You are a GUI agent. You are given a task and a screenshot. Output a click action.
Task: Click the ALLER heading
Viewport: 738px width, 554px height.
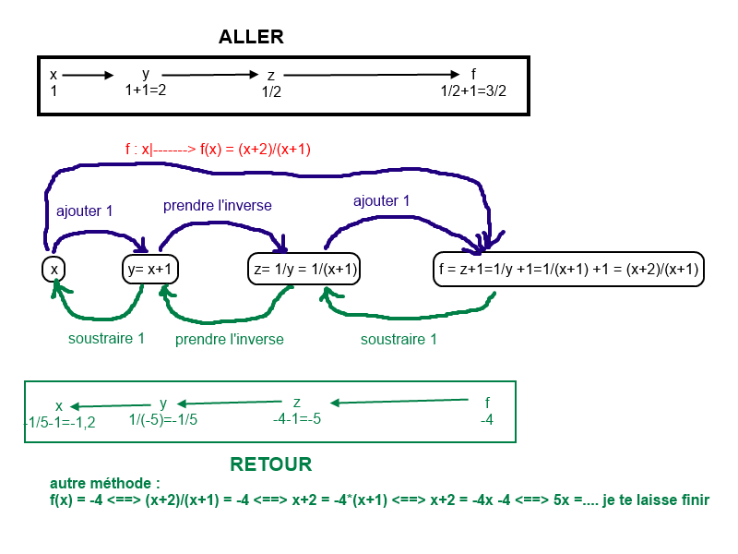[x=251, y=38]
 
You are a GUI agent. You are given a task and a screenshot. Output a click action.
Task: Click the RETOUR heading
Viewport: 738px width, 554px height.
[x=270, y=464]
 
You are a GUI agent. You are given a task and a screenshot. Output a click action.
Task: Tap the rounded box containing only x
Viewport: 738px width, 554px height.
[x=54, y=270]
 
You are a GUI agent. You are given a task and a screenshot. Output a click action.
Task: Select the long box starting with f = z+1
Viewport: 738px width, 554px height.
[x=568, y=270]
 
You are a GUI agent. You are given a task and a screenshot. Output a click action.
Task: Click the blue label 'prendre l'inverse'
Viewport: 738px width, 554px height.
[x=218, y=205]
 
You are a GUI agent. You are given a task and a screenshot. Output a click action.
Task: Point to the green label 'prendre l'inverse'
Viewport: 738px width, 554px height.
[x=230, y=340]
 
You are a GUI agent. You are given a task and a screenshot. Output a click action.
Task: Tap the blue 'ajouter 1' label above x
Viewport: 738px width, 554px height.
[x=85, y=211]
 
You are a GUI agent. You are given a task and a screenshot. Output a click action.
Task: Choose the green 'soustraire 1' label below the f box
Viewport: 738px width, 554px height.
[x=399, y=340]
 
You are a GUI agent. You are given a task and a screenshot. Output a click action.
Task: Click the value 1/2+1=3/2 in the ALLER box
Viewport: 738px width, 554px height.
[x=473, y=91]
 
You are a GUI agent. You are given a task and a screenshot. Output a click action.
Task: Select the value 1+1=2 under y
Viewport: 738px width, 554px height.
[x=146, y=90]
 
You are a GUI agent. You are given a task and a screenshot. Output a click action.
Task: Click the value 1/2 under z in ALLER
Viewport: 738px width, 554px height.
[x=271, y=92]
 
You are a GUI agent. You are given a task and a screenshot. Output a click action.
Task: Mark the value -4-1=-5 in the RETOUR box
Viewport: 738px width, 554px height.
[x=297, y=419]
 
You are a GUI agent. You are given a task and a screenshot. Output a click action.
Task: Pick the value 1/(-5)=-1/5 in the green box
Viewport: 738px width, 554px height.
[x=163, y=419]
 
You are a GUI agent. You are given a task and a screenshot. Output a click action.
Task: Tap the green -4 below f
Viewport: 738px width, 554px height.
[x=487, y=419]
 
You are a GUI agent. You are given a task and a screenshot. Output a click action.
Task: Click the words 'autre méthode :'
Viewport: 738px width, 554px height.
[x=105, y=483]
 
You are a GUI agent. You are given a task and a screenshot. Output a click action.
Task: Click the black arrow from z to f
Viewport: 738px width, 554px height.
[x=369, y=75]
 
